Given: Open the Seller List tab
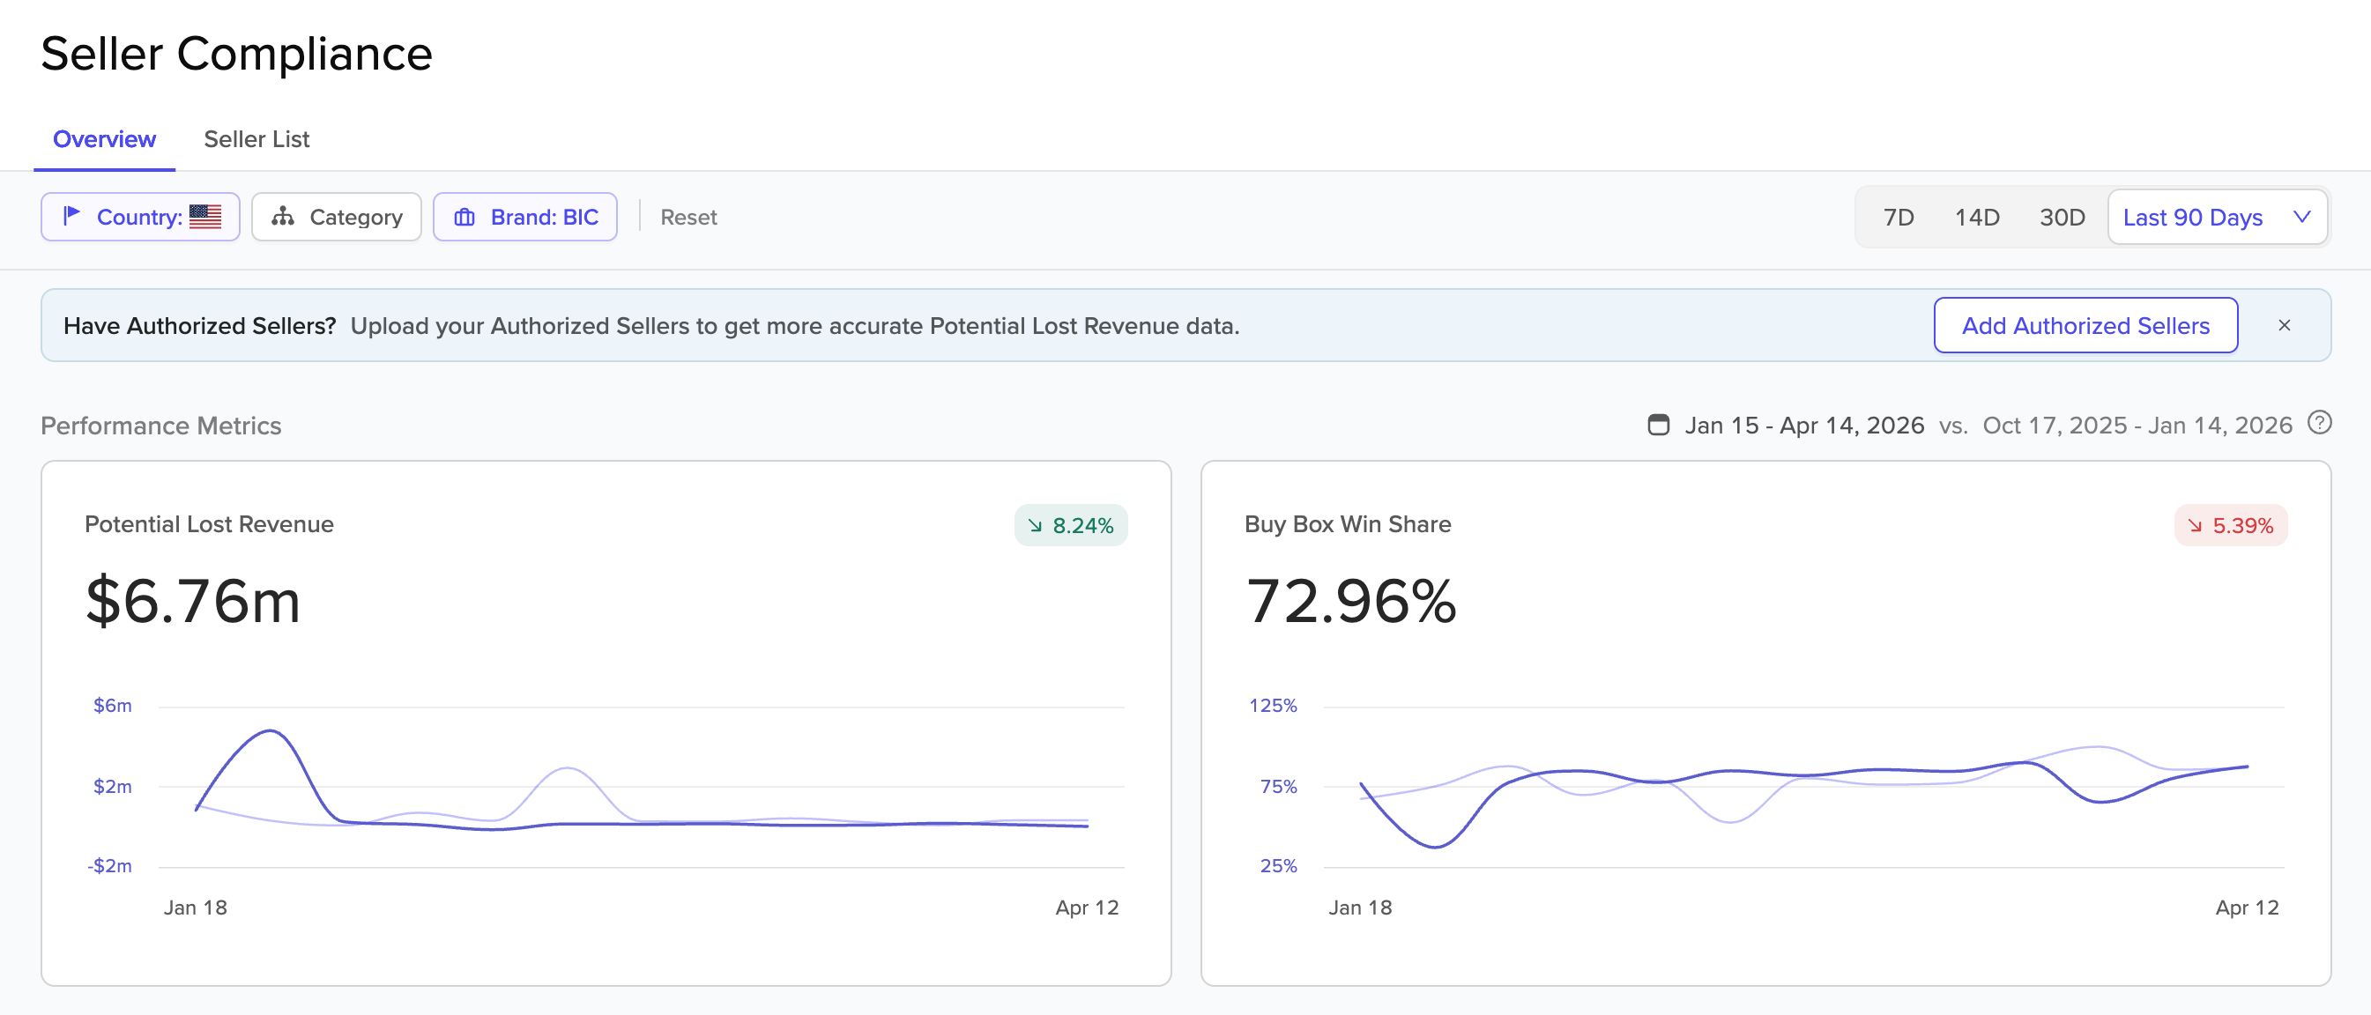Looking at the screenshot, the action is tap(256, 139).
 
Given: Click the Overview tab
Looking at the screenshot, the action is tap(104, 139).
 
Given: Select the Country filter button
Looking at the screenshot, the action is tap(140, 217).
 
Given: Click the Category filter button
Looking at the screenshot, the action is tap(336, 217).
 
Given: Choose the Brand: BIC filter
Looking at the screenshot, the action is tap(524, 217).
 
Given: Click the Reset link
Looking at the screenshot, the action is tap(688, 217).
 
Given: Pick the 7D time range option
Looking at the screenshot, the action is tap(1898, 217).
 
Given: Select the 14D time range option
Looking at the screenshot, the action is tap(1976, 217).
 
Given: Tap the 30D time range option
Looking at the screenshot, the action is tap(2062, 217).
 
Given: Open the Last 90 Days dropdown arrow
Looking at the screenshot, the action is tap(2302, 217).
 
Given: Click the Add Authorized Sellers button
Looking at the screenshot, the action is tap(2085, 326).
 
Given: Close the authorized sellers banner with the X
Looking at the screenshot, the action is tap(2285, 326).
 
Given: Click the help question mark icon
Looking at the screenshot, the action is tap(2320, 423).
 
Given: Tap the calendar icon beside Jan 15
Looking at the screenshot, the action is tap(1658, 426).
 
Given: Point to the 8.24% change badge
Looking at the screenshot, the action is tap(1070, 525).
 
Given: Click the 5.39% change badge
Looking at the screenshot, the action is tap(2230, 525).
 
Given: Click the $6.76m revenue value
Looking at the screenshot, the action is tap(192, 601).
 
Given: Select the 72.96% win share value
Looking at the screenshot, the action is tap(1350, 601).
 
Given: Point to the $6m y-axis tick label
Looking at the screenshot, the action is tap(112, 706).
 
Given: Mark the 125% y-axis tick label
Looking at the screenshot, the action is tap(1273, 706).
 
